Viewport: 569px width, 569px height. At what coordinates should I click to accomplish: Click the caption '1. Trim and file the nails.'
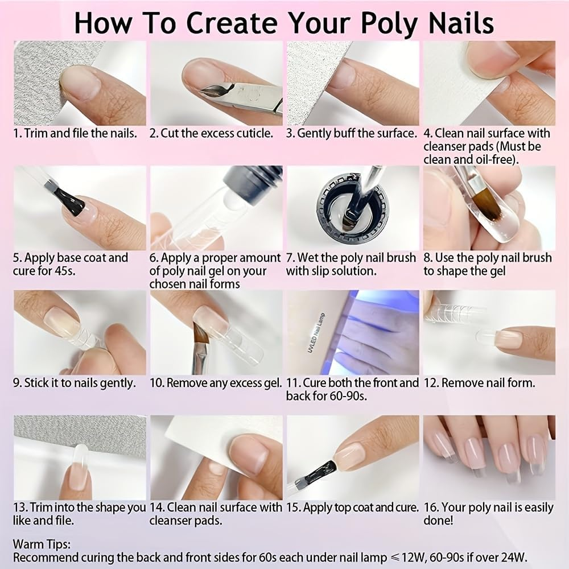point(75,134)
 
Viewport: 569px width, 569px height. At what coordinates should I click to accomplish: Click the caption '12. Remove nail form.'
point(479,383)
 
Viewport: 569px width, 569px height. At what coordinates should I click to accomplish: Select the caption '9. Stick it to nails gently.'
point(75,383)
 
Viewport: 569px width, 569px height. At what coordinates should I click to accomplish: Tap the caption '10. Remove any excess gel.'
point(216,383)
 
